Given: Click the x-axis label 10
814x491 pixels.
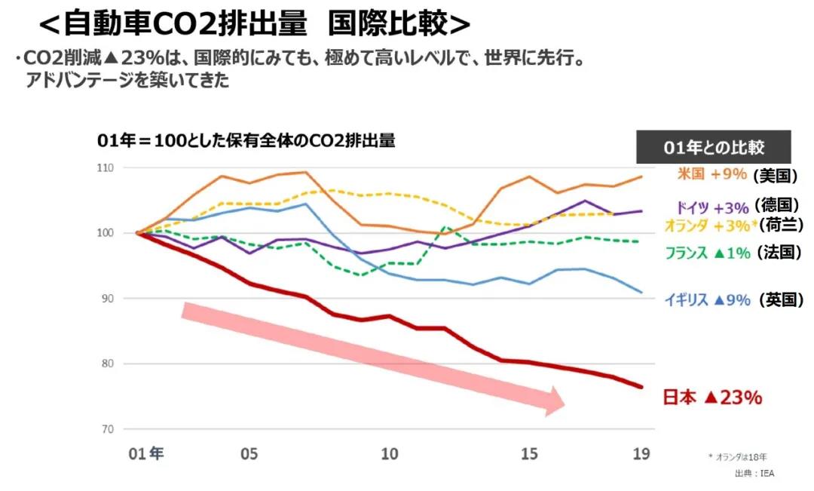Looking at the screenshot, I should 389,454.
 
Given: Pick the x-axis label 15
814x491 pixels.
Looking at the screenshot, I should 530,454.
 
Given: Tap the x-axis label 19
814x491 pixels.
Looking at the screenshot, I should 641,454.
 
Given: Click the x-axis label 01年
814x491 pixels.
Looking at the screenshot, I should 145,454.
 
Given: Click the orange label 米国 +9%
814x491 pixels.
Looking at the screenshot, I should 711,174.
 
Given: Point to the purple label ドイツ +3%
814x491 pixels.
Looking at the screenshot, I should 708,207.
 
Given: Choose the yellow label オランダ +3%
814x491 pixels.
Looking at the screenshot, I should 707,225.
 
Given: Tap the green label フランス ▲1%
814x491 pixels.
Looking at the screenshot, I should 707,253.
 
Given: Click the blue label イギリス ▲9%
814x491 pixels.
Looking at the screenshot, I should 707,299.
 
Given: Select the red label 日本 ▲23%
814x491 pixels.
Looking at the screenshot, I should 712,397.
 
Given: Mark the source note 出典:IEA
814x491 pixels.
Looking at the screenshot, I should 754,473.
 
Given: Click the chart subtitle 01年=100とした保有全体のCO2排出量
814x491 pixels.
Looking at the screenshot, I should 246,141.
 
